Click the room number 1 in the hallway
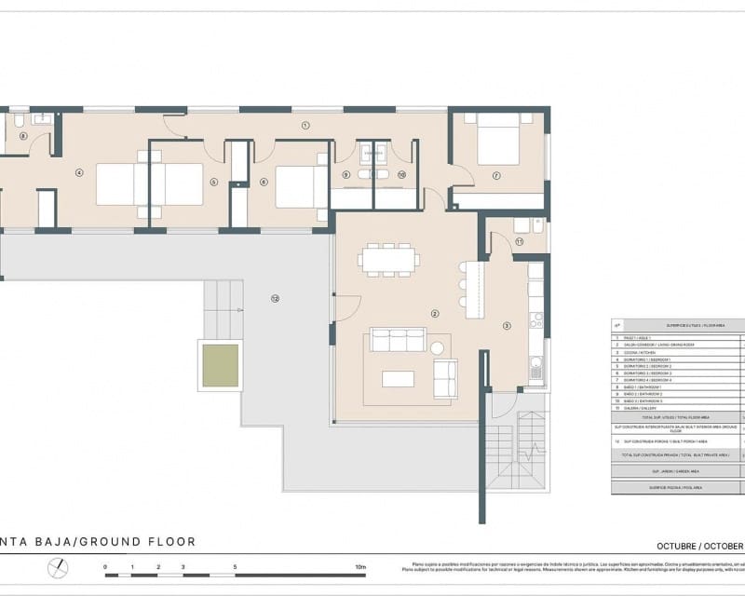(x=305, y=125)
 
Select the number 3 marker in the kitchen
(x=507, y=326)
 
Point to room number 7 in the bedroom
(x=496, y=175)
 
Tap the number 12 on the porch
(x=275, y=298)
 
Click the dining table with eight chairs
(x=389, y=260)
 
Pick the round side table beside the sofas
(x=437, y=347)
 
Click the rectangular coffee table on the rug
(x=398, y=378)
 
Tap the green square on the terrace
(x=221, y=366)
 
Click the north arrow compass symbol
(x=59, y=567)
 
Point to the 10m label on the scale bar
(x=361, y=566)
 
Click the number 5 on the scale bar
(x=235, y=566)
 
